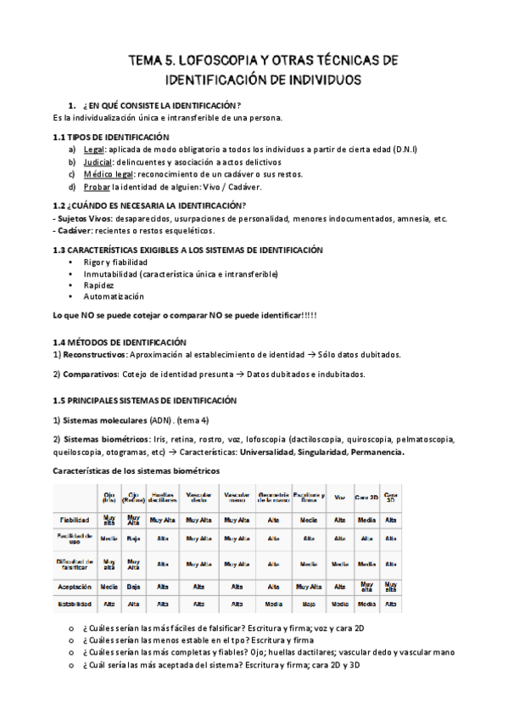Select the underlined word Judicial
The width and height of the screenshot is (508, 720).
[102, 161]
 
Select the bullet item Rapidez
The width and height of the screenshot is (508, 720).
[98, 285]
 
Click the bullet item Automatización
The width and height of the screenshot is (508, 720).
[114, 297]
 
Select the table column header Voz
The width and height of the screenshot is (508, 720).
[340, 498]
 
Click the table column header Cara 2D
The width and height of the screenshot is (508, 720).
[366, 498]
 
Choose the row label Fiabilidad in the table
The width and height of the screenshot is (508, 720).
[75, 518]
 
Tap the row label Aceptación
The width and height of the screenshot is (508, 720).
[75, 586]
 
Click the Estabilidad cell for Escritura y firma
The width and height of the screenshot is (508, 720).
[308, 605]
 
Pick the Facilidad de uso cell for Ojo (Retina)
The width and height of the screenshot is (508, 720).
[133, 538]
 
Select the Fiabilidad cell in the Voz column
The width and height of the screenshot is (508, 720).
[340, 518]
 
